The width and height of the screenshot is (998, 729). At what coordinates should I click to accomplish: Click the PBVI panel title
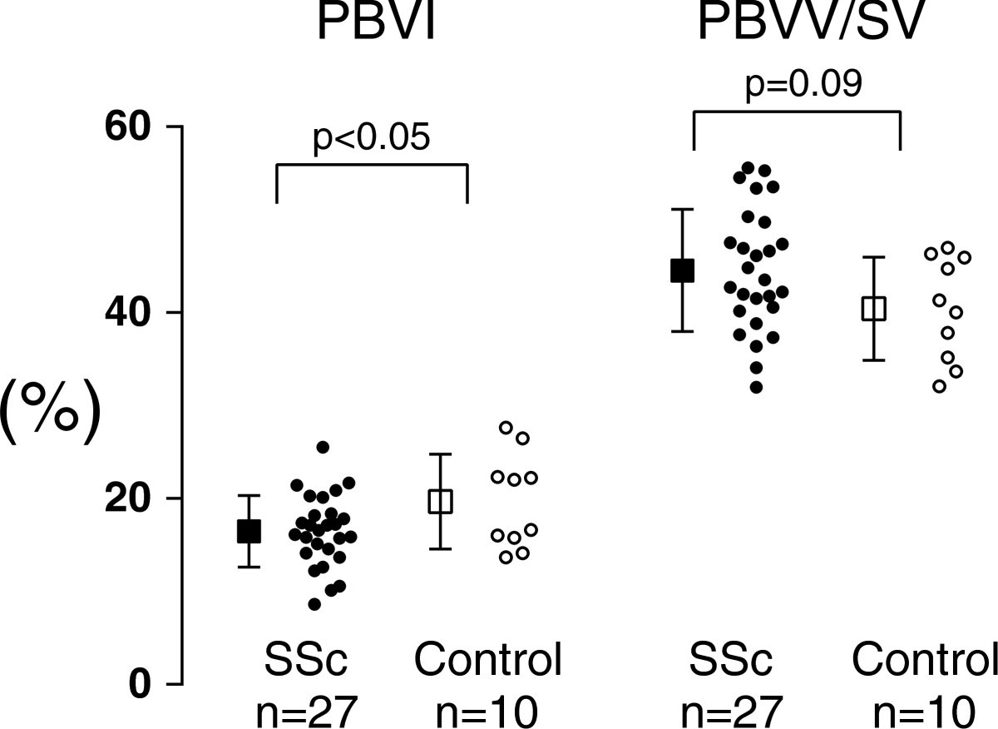point(375,25)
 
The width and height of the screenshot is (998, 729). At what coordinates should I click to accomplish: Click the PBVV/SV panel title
point(810,25)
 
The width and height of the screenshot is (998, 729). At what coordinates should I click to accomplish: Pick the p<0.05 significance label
point(371,138)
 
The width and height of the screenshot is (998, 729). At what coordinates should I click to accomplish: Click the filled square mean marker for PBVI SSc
point(249,531)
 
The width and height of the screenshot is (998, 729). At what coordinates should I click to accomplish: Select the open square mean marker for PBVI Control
point(440,501)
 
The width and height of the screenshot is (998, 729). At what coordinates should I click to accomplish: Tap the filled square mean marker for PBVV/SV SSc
point(683,270)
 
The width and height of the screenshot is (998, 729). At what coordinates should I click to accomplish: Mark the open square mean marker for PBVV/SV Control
point(874,309)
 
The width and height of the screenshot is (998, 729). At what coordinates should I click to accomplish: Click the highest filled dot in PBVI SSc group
point(323,448)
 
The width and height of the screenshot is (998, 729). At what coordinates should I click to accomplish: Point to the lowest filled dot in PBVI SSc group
point(314,604)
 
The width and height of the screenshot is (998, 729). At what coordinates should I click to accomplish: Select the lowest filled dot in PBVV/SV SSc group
point(756,387)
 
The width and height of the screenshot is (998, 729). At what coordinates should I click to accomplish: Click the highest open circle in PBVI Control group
point(506,427)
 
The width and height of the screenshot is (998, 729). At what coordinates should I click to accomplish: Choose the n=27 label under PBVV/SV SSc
point(732,712)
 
